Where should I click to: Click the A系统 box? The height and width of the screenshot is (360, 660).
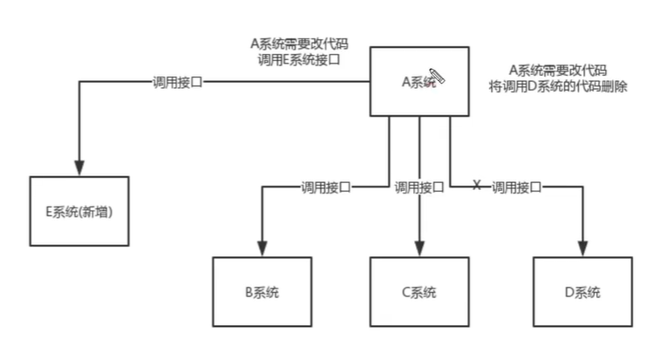click(x=419, y=81)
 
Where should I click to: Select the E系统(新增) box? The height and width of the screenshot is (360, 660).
click(x=79, y=212)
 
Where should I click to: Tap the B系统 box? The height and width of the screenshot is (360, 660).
click(x=262, y=292)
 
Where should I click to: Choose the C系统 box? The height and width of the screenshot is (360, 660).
click(x=419, y=292)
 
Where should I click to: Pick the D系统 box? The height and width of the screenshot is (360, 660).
click(x=582, y=292)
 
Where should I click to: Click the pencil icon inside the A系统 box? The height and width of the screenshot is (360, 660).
click(x=437, y=78)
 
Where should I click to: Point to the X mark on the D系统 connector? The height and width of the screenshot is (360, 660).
click(x=476, y=186)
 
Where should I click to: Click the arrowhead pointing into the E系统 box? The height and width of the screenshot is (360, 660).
click(x=79, y=166)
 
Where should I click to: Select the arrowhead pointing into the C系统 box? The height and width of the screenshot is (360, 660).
click(x=419, y=248)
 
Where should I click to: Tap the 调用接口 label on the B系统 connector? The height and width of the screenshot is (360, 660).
click(x=325, y=187)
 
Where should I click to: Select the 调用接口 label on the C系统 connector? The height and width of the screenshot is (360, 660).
click(x=419, y=187)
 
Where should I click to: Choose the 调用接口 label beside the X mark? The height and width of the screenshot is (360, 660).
click(x=516, y=187)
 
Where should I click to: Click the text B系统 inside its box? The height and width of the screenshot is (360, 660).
click(x=262, y=292)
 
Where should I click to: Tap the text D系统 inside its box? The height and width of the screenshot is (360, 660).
click(x=582, y=292)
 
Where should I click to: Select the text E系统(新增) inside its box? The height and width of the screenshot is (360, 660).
click(x=79, y=212)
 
